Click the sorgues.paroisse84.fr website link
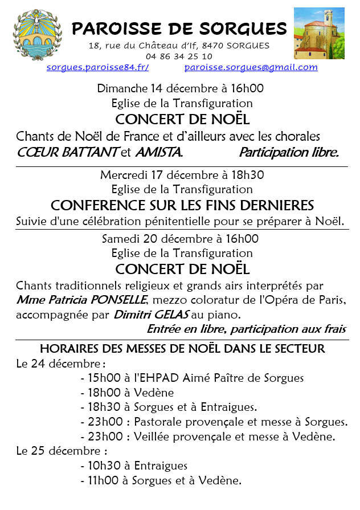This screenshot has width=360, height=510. click(x=97, y=67)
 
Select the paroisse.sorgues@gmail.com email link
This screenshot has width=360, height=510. click(x=251, y=67)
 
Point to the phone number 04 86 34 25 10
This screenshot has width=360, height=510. click(x=179, y=56)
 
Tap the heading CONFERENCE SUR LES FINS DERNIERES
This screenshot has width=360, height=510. click(x=182, y=205)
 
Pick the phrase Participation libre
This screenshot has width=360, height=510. click(x=289, y=152)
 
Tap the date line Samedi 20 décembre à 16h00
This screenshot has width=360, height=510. click(x=180, y=239)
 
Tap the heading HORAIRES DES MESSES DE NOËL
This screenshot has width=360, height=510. click(x=182, y=348)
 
